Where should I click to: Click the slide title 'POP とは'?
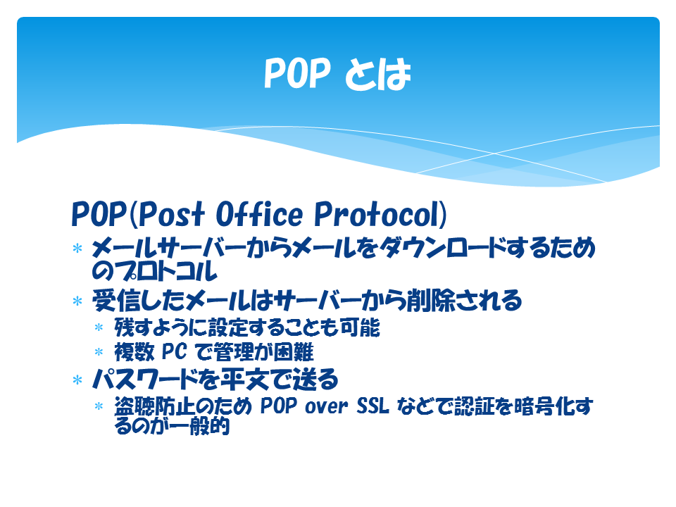click(337, 74)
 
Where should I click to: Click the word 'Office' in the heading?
click(259, 214)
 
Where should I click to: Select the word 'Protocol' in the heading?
click(376, 214)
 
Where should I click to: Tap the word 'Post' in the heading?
click(171, 214)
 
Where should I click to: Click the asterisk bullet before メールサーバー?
click(77, 249)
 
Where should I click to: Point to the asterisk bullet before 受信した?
click(77, 301)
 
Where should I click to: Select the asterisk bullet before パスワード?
click(77, 380)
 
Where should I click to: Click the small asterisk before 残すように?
click(99, 327)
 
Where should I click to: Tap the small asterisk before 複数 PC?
click(99, 352)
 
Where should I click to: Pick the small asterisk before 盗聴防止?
click(99, 406)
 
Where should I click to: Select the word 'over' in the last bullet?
click(326, 406)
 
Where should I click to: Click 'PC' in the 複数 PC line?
click(174, 351)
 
